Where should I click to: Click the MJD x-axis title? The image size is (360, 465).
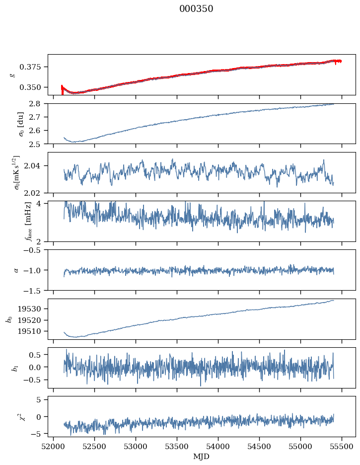[x=201, y=457]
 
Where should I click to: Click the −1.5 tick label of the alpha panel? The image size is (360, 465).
[x=35, y=290]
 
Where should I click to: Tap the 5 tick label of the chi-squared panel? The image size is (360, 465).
[x=42, y=399]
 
